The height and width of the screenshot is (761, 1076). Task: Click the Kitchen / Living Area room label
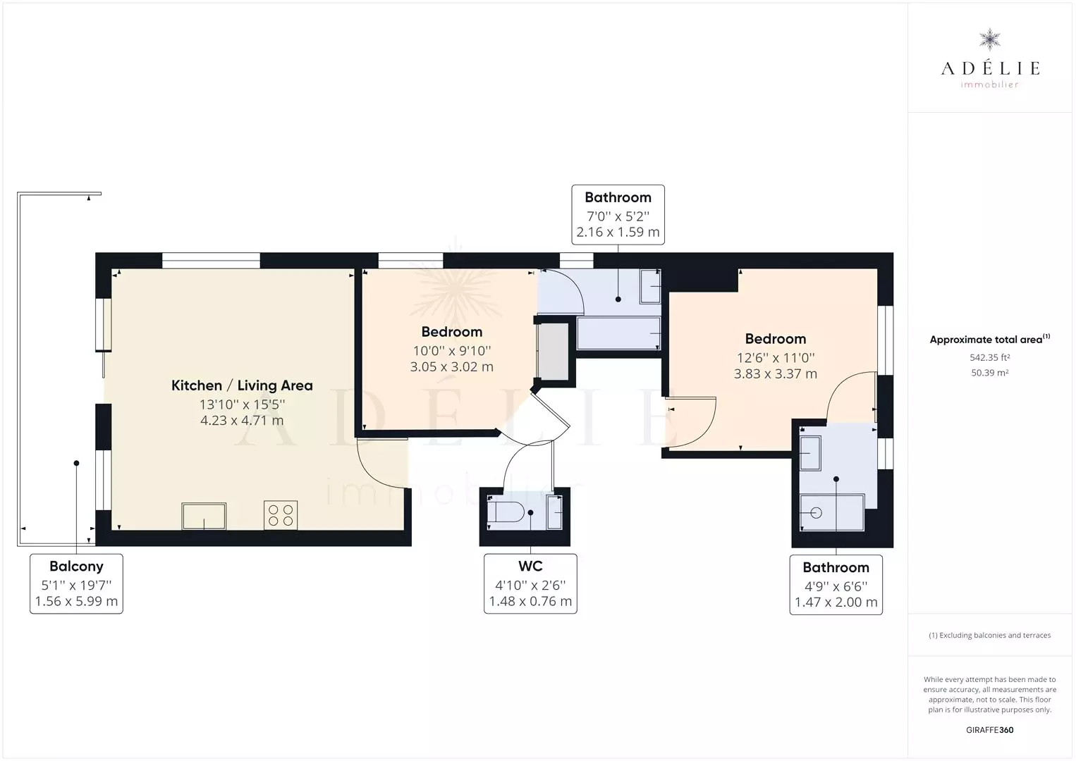242,385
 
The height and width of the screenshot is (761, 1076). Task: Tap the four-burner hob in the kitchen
281,515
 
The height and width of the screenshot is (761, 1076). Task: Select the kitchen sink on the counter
204,516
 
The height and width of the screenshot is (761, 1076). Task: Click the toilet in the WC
505,512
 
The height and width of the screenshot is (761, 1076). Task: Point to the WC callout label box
530,584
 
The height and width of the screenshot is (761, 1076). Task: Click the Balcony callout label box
76,584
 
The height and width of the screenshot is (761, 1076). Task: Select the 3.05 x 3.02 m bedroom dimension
451,367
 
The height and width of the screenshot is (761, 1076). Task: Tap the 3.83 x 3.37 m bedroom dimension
776,374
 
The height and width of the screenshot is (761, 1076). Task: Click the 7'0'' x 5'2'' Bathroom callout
618,215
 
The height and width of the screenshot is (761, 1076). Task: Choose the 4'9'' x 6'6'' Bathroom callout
836,585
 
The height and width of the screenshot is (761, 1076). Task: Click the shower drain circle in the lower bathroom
816,513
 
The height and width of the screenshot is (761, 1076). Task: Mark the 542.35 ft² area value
989,358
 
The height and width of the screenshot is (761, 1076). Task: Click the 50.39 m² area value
989,373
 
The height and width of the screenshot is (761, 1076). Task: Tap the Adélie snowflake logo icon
989,40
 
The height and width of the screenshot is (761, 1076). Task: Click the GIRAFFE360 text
989,730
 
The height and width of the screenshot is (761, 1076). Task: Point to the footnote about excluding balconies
989,635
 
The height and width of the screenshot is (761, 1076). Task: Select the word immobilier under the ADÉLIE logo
989,85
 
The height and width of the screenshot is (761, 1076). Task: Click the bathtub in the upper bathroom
618,333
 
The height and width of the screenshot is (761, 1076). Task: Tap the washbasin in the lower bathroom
810,453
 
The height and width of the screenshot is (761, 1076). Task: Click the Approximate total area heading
989,340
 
